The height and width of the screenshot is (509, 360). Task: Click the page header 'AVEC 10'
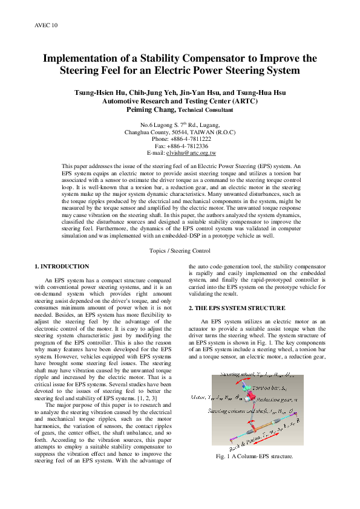coord(46,25)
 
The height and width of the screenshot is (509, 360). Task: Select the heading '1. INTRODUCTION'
coord(62,267)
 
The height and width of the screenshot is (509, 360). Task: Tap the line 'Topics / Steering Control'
coord(180,250)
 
